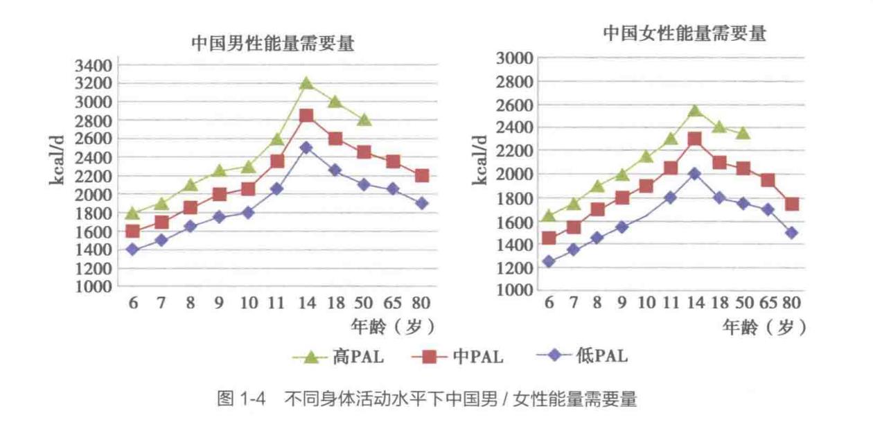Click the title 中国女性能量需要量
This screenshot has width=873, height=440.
tap(685, 34)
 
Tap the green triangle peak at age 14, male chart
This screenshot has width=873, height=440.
tap(306, 84)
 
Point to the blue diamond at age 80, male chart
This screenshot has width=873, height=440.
tap(421, 203)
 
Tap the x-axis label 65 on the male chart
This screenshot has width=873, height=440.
tap(392, 303)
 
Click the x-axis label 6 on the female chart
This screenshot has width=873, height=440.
tap(549, 303)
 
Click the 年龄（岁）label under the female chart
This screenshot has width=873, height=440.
tap(764, 327)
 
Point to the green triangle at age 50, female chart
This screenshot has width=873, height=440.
tap(743, 132)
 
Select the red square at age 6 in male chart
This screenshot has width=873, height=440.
tap(132, 231)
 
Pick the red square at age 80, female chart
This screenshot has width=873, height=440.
tap(792, 204)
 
